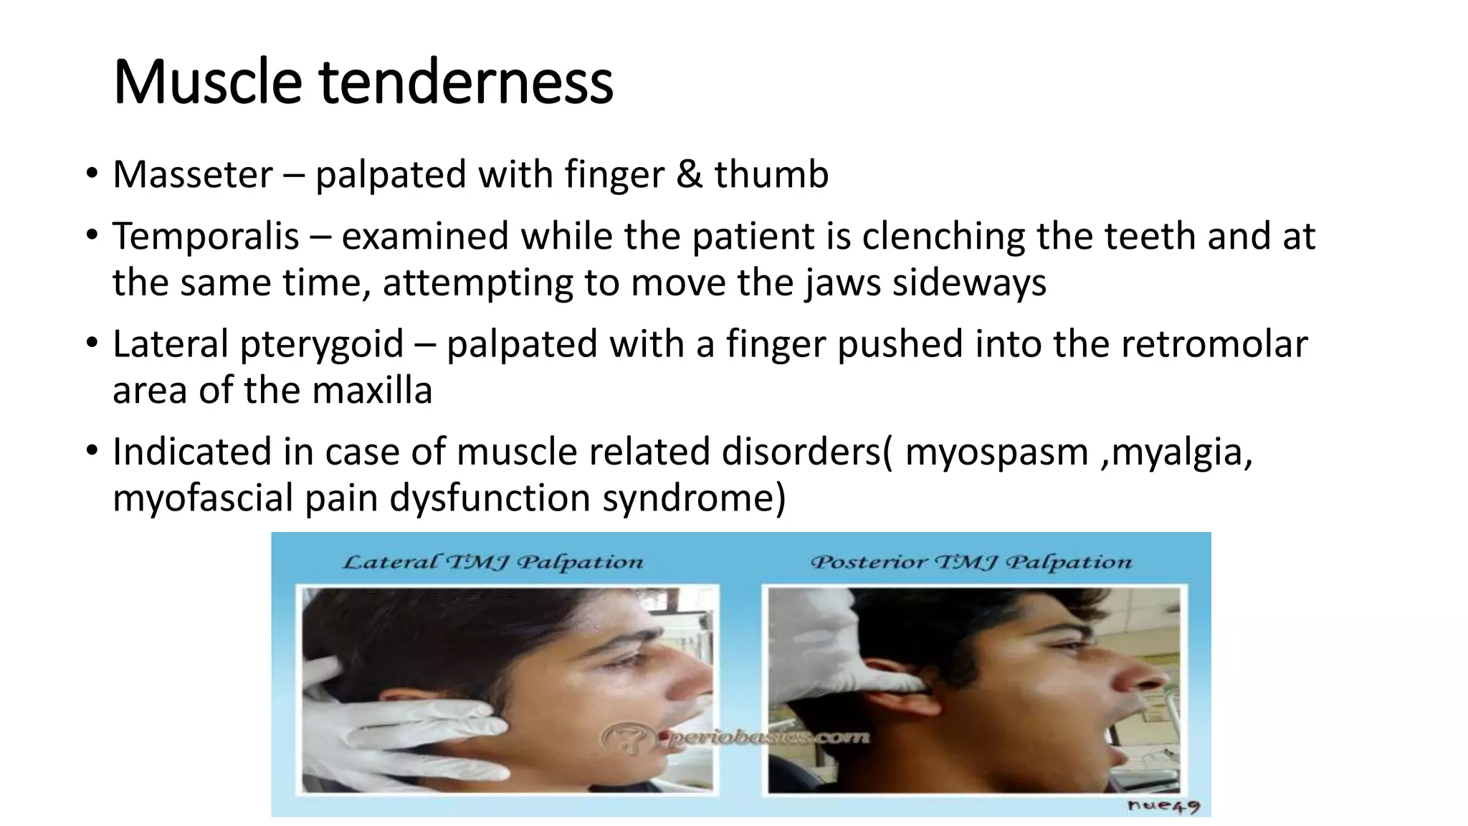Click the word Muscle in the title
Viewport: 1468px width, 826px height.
(x=206, y=82)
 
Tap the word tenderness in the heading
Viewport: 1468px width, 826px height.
(x=466, y=82)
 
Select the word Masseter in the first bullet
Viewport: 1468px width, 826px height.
(x=193, y=174)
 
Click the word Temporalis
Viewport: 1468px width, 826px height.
(x=206, y=236)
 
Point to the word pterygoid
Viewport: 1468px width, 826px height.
(x=322, y=343)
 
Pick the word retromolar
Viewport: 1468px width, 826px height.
(x=1214, y=343)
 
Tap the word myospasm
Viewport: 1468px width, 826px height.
(x=996, y=452)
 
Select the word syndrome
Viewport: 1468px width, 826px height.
(x=693, y=498)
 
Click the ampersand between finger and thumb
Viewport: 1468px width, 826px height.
(x=689, y=174)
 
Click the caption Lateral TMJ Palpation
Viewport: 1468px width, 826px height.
(x=493, y=562)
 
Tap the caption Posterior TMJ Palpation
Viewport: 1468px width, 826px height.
(x=971, y=562)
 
